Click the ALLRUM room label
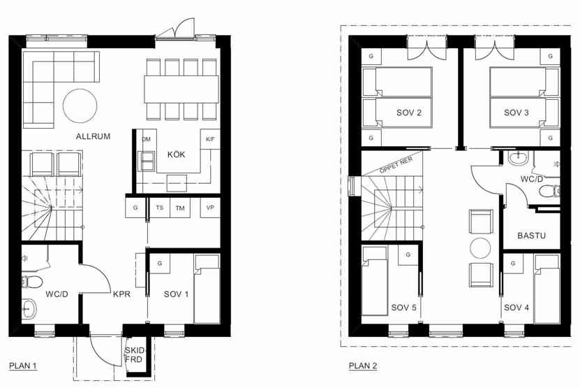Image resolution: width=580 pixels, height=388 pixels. tap(94, 136)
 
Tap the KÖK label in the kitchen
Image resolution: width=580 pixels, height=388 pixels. tap(176, 155)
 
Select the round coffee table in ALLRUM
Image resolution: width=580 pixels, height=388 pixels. tap(80, 106)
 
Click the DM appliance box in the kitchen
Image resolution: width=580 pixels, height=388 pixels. tap(147, 140)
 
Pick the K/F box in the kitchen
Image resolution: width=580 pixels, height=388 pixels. tap(210, 139)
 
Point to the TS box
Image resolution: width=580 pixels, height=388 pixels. tap(159, 208)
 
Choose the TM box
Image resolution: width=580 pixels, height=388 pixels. tap(180, 208)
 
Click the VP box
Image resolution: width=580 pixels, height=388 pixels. tap(210, 208)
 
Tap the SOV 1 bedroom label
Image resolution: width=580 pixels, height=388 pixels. tap(176, 294)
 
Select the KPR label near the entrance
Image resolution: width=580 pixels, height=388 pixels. tap(121, 294)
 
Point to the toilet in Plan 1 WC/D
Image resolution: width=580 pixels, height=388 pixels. tap(31, 282)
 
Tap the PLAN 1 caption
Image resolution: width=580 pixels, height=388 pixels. tap(23, 366)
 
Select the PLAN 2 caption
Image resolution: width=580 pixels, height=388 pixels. tap(363, 366)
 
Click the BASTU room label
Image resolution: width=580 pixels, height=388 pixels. tap(532, 236)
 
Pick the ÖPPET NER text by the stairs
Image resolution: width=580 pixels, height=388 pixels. tap(396, 165)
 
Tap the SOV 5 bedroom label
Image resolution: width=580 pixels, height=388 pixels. tap(403, 308)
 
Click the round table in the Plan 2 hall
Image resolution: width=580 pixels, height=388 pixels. tap(480, 248)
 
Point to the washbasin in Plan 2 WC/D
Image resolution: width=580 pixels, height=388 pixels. tap(519, 158)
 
